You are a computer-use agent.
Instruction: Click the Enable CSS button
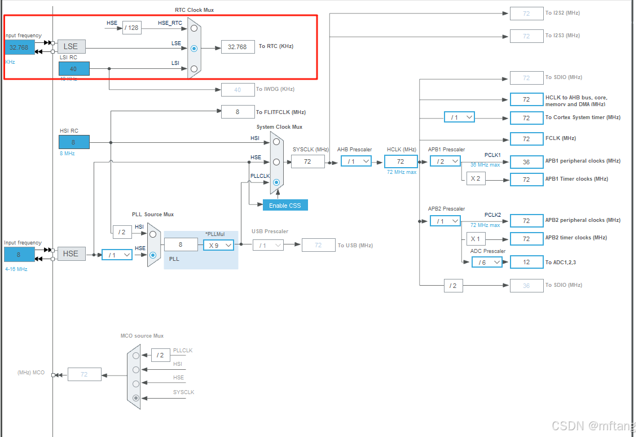(285, 205)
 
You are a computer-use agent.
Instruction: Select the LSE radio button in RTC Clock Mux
(194, 49)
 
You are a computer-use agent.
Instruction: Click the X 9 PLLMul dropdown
(218, 245)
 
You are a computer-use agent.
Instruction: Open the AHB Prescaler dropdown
(356, 161)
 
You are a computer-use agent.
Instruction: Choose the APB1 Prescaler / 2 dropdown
(445, 161)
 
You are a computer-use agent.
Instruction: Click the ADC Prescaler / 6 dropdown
(486, 262)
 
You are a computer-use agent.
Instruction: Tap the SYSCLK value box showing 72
(307, 161)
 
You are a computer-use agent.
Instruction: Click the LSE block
(71, 46)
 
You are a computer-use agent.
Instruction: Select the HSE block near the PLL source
(71, 254)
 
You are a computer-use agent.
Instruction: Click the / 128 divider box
(131, 28)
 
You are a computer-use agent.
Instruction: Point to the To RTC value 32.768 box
(237, 47)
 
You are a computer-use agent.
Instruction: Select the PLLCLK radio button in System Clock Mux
(276, 182)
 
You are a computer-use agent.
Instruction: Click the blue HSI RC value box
(74, 143)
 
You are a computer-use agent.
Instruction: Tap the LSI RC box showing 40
(74, 69)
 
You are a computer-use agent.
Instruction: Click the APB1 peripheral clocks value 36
(526, 161)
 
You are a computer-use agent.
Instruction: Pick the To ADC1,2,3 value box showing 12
(526, 262)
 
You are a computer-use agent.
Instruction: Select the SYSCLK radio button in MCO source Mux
(135, 397)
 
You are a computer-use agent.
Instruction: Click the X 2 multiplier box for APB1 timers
(476, 179)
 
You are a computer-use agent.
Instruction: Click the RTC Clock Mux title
(194, 10)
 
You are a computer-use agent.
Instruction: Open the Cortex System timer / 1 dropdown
(459, 117)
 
